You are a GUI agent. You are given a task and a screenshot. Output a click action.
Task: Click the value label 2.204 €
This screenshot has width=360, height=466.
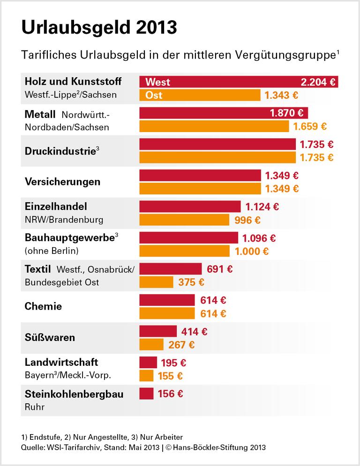pos(318,82)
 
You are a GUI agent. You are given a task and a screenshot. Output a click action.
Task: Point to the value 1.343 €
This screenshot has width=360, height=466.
pos(281,96)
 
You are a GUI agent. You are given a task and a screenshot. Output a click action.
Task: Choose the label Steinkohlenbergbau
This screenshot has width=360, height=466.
pos(74,394)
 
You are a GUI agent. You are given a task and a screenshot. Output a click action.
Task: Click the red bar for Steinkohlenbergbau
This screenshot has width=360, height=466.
pos(146,393)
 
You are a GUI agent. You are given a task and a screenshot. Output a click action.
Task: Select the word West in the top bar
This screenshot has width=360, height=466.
pos(158,82)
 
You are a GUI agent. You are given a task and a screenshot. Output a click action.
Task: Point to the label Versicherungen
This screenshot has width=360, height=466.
pos(62,181)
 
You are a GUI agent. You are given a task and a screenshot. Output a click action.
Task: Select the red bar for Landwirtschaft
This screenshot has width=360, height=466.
pos(148,362)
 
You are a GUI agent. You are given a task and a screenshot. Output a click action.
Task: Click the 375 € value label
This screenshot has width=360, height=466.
pos(191,282)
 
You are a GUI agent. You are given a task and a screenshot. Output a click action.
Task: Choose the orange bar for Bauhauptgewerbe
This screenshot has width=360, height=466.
pos(185,251)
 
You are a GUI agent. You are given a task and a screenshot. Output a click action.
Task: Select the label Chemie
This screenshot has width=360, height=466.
pos(43,306)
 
